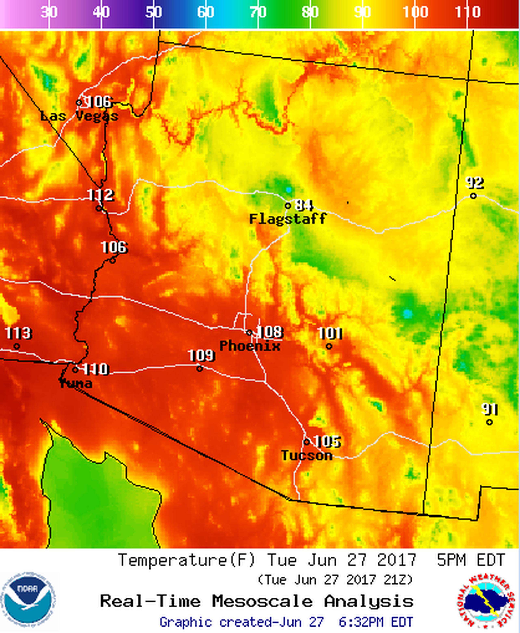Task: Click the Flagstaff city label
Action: click(288, 219)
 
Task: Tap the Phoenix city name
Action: click(250, 346)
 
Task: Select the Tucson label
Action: click(307, 456)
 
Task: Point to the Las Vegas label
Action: click(79, 116)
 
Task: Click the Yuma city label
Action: click(76, 383)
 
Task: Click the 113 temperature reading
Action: click(18, 333)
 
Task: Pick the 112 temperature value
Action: click(101, 195)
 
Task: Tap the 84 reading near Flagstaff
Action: click(304, 205)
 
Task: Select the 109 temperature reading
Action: click(201, 355)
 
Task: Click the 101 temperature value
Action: click(330, 333)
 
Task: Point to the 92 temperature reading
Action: click(475, 183)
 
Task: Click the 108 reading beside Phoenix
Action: click(270, 332)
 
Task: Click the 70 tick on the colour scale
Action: click(258, 12)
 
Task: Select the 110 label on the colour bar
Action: click(468, 12)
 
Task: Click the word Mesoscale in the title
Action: click(262, 601)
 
